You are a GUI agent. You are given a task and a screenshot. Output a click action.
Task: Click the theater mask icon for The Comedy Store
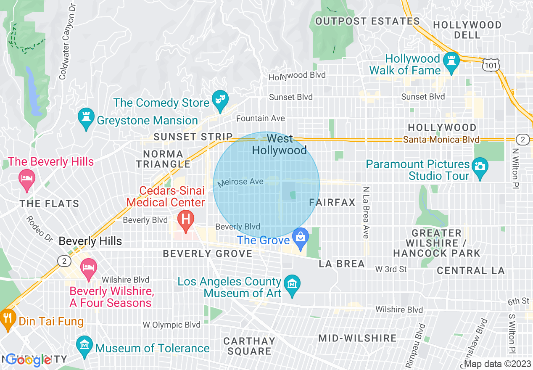click(x=219, y=98)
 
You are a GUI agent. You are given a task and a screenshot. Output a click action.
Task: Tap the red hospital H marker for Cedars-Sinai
click(x=185, y=219)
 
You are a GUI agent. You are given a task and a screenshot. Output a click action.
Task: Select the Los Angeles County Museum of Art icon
click(x=291, y=284)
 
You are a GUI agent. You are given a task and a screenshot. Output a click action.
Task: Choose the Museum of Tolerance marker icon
click(x=85, y=345)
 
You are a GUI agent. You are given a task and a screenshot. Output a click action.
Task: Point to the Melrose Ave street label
click(x=240, y=182)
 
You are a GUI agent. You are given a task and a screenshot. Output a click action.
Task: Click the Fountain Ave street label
click(x=260, y=119)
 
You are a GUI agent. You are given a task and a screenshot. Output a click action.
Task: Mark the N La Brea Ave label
click(x=366, y=213)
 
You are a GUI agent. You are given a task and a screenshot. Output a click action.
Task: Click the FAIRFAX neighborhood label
click(x=332, y=203)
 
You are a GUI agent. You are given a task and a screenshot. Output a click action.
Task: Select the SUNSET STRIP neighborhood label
click(x=193, y=137)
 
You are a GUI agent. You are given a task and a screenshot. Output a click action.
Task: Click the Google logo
click(x=29, y=360)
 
